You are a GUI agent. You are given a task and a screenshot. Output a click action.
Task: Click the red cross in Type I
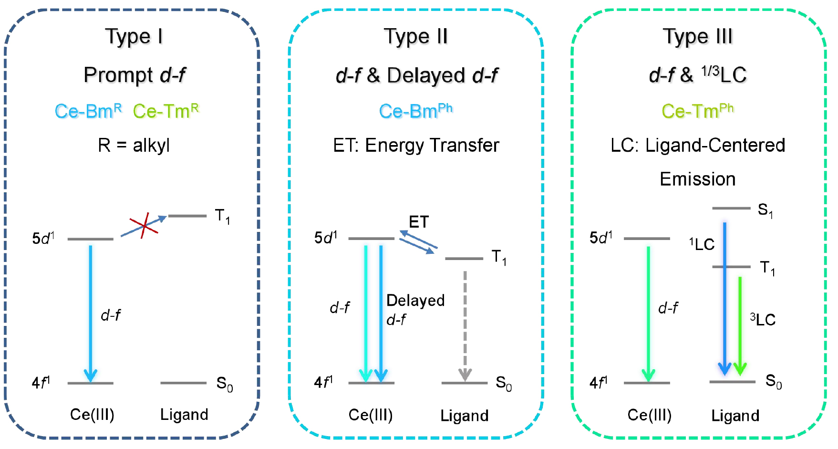point(144,225)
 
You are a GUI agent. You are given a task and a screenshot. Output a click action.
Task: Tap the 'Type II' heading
point(415,37)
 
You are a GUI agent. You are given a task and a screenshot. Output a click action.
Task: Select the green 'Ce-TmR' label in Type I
point(166,111)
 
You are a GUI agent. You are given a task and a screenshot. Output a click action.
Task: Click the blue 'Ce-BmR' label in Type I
point(88,111)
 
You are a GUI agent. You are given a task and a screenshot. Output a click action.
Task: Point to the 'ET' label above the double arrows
point(419,222)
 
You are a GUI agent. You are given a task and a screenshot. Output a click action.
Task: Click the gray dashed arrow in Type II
point(465,324)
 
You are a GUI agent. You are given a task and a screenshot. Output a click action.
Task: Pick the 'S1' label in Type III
point(765,210)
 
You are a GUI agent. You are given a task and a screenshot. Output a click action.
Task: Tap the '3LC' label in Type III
point(763,319)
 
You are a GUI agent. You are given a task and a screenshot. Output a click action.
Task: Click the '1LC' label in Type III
point(702,244)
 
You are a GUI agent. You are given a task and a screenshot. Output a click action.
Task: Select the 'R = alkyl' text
point(134,145)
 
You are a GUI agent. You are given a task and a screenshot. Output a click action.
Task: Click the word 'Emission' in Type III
point(697,179)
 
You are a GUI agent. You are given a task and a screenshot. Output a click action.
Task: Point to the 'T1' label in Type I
point(222,216)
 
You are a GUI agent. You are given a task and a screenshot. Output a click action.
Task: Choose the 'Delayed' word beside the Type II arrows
point(415,300)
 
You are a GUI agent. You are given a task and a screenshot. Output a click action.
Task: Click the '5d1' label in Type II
point(326,237)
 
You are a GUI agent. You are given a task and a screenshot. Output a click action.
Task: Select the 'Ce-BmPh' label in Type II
point(415,111)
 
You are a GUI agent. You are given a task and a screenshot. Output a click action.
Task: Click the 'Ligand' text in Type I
point(184,414)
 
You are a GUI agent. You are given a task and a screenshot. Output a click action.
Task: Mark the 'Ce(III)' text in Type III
point(649,415)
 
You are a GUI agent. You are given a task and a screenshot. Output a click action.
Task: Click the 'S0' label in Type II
point(504,383)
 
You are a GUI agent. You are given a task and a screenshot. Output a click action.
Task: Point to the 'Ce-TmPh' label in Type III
point(697,111)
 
